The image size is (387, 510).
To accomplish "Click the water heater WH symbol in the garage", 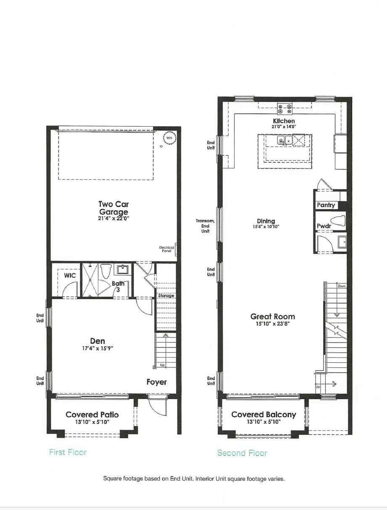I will (170, 138).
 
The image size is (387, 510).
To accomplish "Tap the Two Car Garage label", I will (114, 208).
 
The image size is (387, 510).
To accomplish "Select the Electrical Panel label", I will (167, 249).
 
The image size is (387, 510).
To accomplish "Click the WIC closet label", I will (70, 276).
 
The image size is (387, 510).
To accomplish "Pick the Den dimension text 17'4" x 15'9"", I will (98, 348).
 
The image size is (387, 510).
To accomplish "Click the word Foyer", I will (156, 382).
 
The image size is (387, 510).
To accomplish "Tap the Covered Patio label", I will (92, 414).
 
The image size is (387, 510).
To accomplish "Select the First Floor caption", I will (68, 452).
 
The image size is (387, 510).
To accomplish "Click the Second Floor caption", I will (242, 453).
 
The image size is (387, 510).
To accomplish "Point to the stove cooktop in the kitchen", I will (285, 109).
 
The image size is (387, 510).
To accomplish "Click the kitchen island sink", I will (284, 140).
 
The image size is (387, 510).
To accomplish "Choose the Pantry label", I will (326, 205).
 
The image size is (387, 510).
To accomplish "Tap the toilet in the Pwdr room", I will (338, 220).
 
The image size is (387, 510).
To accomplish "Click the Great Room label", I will (273, 316).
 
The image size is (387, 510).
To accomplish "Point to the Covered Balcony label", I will (264, 414).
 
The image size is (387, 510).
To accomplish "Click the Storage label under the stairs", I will (166, 296).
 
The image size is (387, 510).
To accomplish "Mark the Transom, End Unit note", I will (205, 226).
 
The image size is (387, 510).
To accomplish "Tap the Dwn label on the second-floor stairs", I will (341, 286).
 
